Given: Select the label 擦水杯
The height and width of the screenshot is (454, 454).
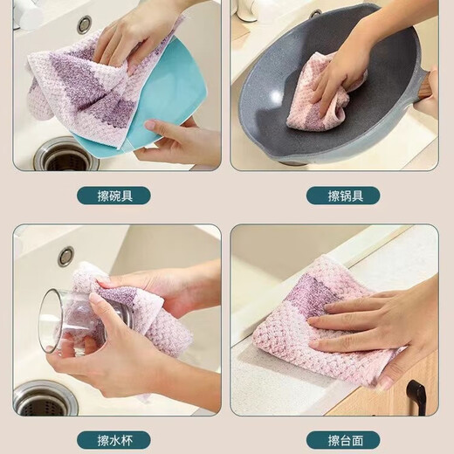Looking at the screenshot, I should coord(113,439).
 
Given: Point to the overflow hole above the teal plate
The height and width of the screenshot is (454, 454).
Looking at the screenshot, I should coord(84,24).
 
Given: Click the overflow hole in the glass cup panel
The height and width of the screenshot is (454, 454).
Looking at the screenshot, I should coord(65,256).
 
